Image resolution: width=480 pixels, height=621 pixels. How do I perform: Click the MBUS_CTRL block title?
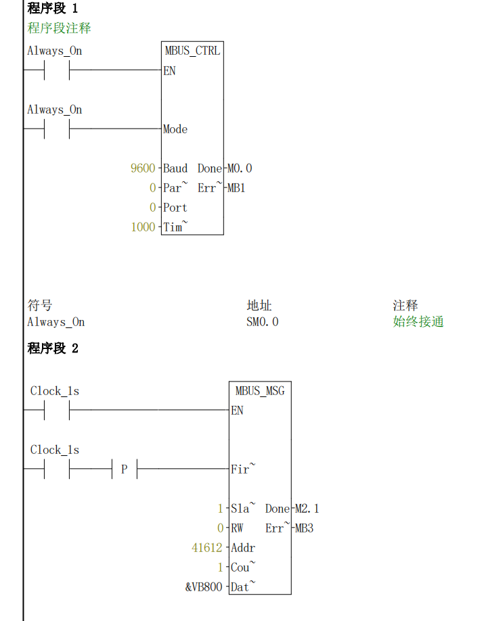192,51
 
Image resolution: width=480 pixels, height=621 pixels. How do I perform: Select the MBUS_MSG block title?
260,391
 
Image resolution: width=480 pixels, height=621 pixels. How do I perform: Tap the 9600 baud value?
143,168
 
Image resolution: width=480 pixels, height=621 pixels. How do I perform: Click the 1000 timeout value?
143,227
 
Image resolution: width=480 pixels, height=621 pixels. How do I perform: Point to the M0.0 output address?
240,168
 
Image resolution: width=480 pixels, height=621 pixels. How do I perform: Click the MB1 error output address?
236,188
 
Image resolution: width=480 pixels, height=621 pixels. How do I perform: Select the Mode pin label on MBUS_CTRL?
175,129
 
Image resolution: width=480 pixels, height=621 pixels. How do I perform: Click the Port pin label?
175,208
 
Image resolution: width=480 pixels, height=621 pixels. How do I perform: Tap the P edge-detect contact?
124,469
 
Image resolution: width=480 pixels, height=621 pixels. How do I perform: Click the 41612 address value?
207,548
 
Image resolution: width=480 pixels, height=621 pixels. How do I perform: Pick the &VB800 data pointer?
204,587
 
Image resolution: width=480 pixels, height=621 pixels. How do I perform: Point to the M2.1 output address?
307,509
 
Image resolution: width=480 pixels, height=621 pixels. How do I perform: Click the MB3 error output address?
304,528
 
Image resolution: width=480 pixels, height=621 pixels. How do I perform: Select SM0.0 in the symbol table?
263,322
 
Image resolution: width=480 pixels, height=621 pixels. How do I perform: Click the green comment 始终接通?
418,322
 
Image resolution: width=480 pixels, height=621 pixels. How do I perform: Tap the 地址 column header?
259,306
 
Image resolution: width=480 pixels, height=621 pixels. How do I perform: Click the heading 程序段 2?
53,348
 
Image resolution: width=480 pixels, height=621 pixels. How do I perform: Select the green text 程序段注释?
59,28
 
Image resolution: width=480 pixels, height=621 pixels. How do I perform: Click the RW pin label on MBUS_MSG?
237,528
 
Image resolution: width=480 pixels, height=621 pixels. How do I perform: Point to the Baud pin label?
175,168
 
